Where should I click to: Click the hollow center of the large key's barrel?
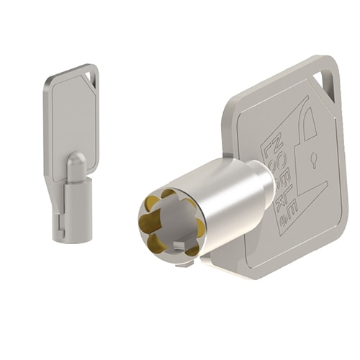click(169, 223)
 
